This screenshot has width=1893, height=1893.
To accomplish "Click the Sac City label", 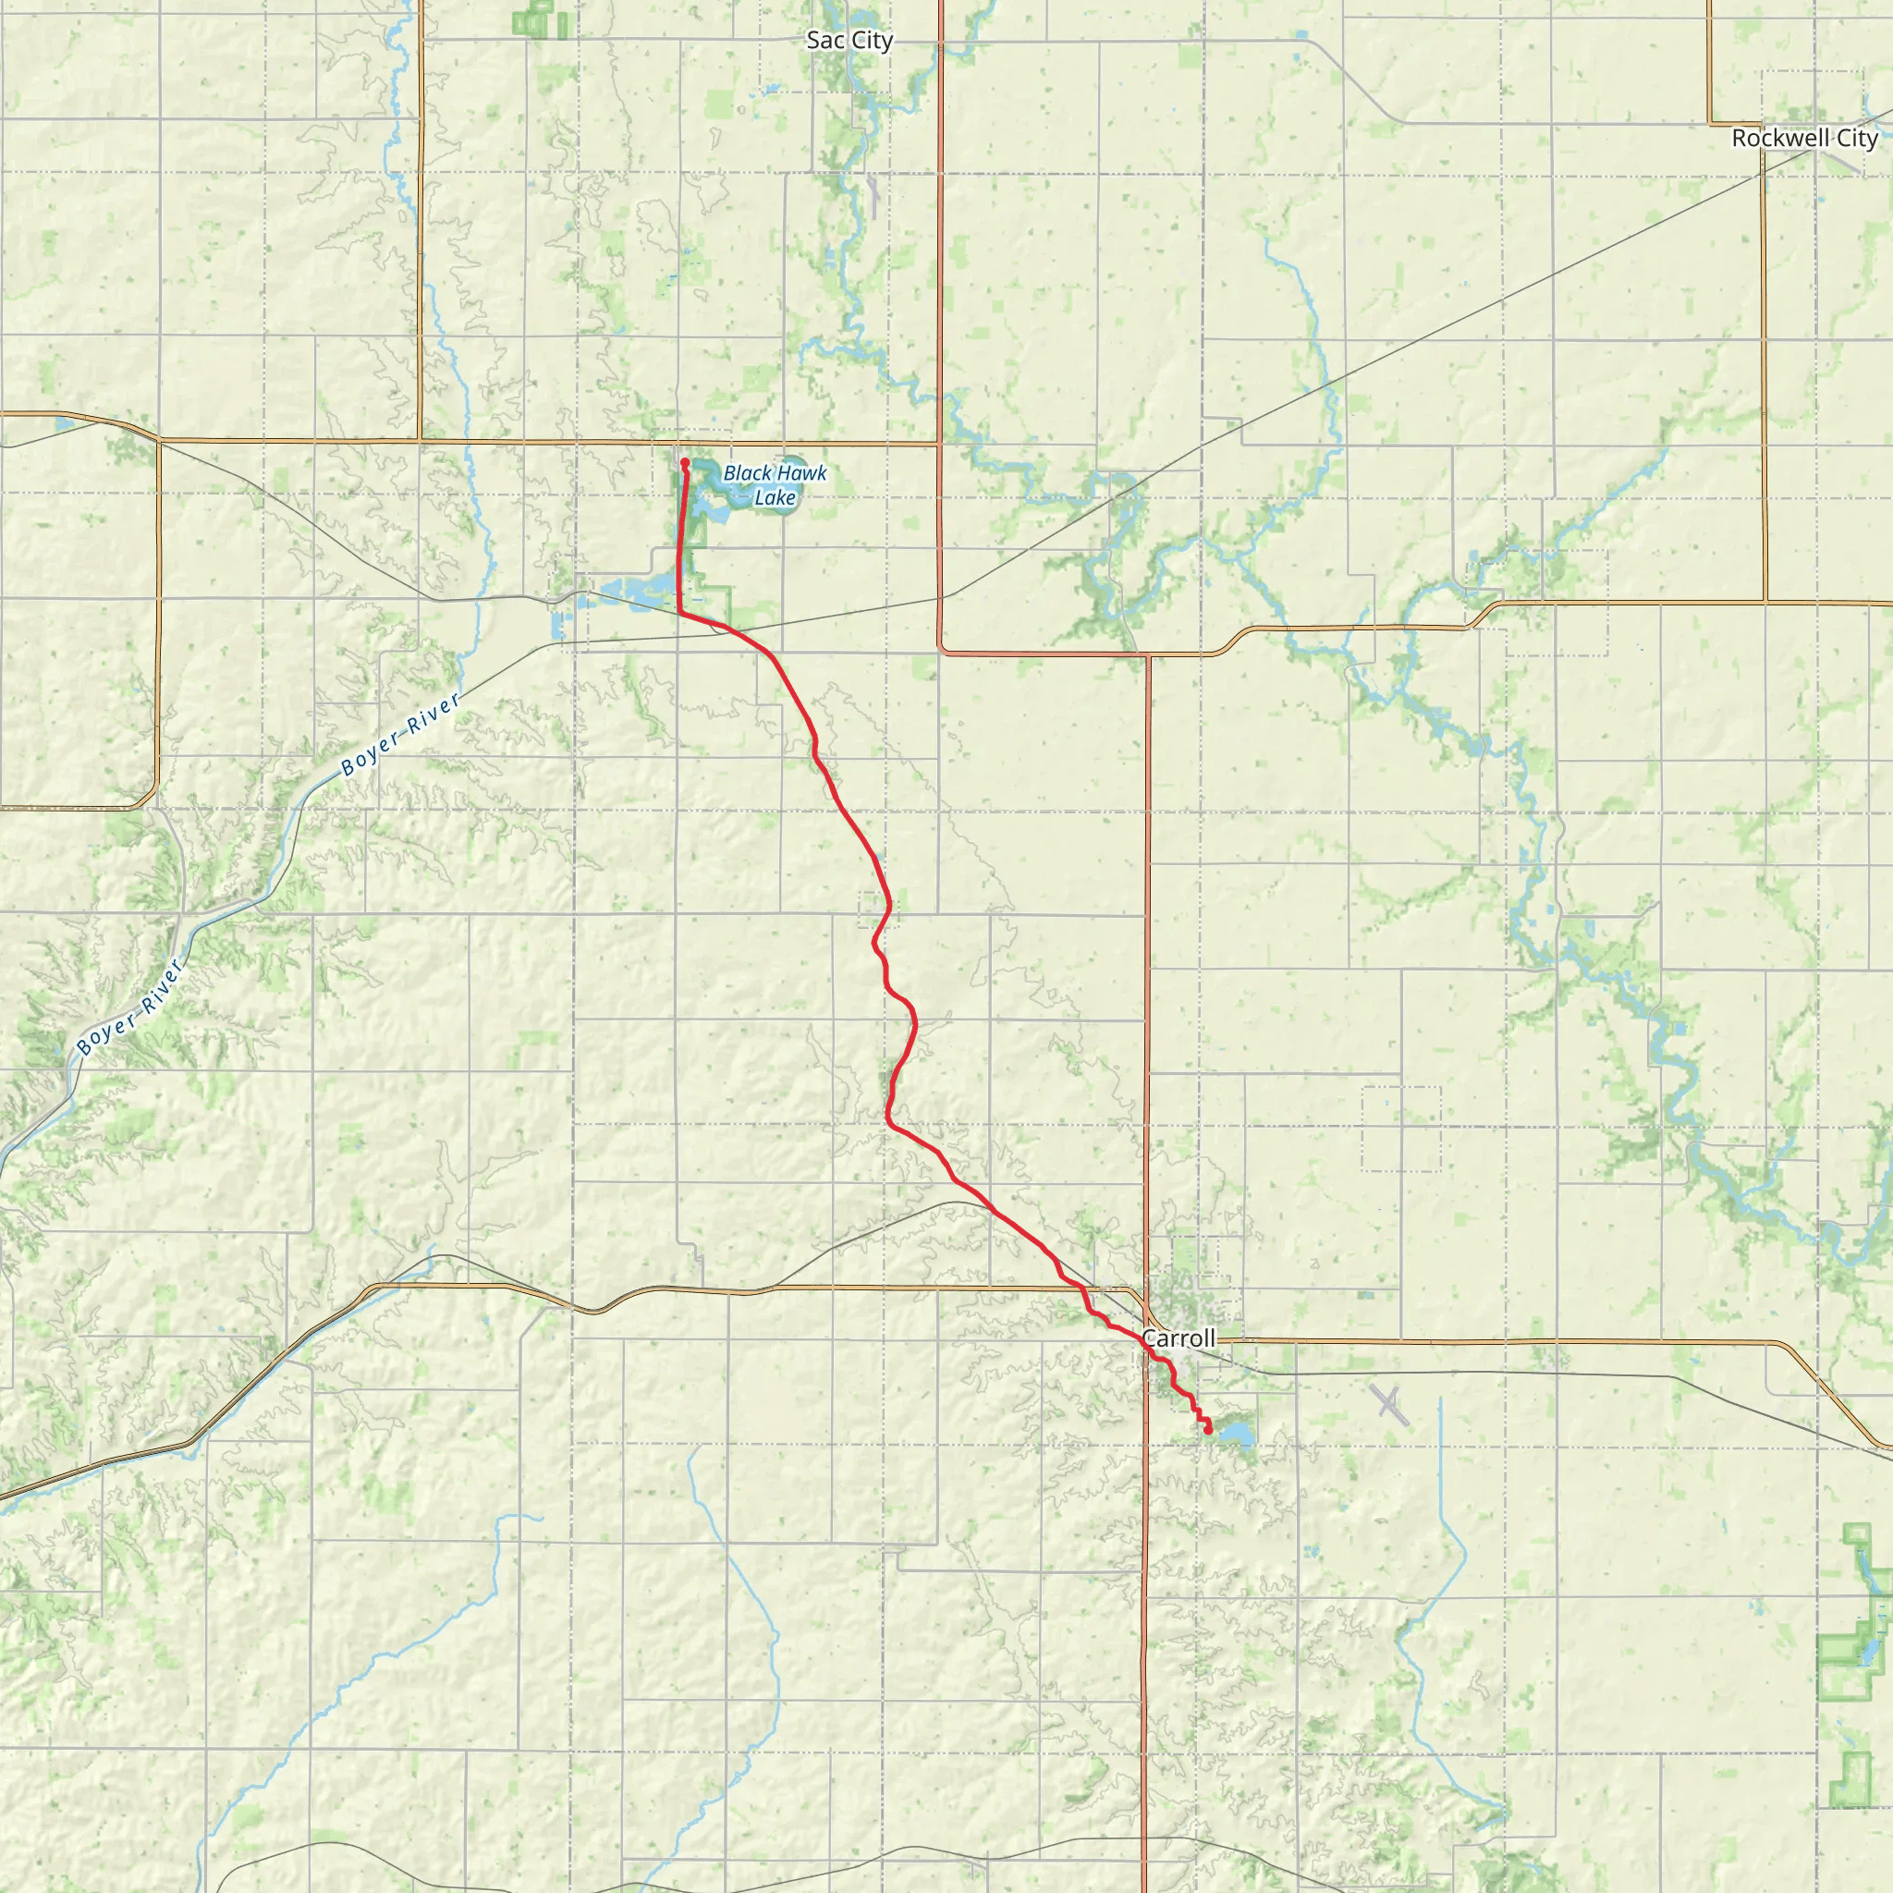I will tap(849, 40).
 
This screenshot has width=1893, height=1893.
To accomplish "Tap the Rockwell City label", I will tap(1804, 138).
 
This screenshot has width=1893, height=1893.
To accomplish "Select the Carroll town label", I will tap(1179, 1337).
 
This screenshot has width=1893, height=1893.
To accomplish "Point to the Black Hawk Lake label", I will tap(775, 485).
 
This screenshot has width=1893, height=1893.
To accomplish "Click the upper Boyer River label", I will tap(401, 735).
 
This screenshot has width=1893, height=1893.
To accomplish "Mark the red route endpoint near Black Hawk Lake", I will tap(685, 462).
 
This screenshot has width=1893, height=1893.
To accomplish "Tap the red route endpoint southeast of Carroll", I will tap(1208, 1431).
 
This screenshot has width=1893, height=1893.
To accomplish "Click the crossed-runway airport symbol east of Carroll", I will tap(1390, 1404).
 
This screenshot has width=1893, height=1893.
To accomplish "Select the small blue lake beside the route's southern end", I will tap(1235, 1435).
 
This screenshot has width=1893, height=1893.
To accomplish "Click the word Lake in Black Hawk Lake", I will tap(775, 498).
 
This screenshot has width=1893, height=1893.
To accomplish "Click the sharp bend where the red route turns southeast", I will tap(680, 613).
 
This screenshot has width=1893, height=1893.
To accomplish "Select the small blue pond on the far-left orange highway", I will tap(64, 424).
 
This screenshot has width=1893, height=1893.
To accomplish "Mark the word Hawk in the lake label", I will tap(801, 473).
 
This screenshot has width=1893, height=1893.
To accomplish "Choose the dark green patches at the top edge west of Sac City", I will tap(537, 19).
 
